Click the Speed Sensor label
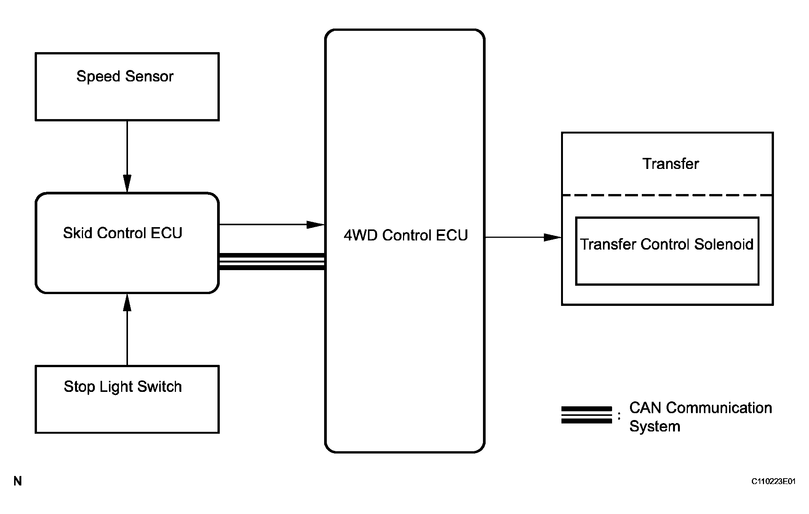125,76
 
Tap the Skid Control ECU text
123,233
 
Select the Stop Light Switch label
123,387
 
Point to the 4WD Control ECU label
406,236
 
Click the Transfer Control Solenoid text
667,244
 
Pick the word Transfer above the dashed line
671,164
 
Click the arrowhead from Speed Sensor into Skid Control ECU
127,183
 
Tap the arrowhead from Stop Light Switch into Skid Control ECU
127,303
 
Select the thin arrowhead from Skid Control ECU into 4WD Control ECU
315,224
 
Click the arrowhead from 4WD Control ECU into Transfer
553,237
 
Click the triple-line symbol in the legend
587,415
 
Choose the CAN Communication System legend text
700,417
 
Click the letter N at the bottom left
18,482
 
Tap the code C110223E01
773,482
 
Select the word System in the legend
654,426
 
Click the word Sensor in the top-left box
149,76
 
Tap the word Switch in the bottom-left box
159,387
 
